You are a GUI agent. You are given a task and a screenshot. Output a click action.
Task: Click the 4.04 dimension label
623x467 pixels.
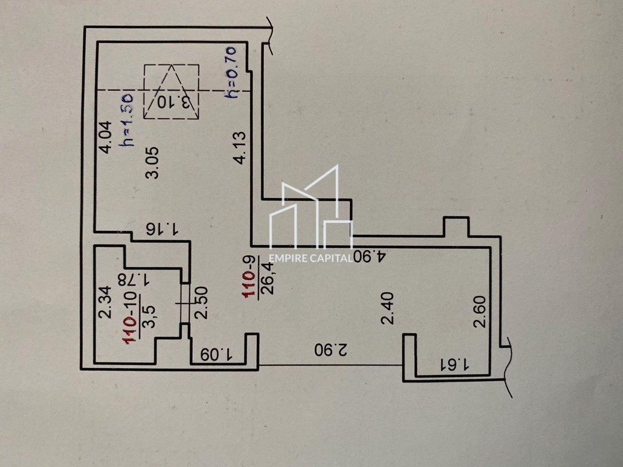click(106, 137)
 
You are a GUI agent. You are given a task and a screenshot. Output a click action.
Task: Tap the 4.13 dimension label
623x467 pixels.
click(238, 148)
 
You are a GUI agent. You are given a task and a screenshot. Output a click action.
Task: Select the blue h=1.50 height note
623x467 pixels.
click(126, 119)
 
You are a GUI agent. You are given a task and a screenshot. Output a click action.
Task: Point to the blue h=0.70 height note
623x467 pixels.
click(230, 72)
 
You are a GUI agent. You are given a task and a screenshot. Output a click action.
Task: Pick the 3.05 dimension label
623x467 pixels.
click(152, 163)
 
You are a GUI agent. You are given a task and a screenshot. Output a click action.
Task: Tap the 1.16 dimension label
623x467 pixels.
click(162, 230)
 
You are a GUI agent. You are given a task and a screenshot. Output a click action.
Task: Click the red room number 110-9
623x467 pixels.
click(249, 277)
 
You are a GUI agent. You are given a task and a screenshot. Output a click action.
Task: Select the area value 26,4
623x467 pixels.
click(267, 278)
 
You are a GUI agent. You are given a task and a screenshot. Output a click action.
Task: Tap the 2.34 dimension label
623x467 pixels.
click(105, 302)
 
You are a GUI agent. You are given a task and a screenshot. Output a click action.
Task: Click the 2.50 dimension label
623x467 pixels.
click(202, 303)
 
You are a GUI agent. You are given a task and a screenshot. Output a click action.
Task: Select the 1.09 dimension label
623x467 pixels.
click(216, 355)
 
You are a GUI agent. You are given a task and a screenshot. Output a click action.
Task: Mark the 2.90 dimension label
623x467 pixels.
click(331, 350)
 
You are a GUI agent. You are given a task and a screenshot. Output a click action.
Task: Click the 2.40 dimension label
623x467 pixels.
click(388, 308)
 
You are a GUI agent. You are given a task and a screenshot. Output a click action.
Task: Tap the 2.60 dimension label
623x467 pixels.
click(480, 312)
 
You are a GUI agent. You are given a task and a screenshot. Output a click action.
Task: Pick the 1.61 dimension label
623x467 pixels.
click(453, 365)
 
